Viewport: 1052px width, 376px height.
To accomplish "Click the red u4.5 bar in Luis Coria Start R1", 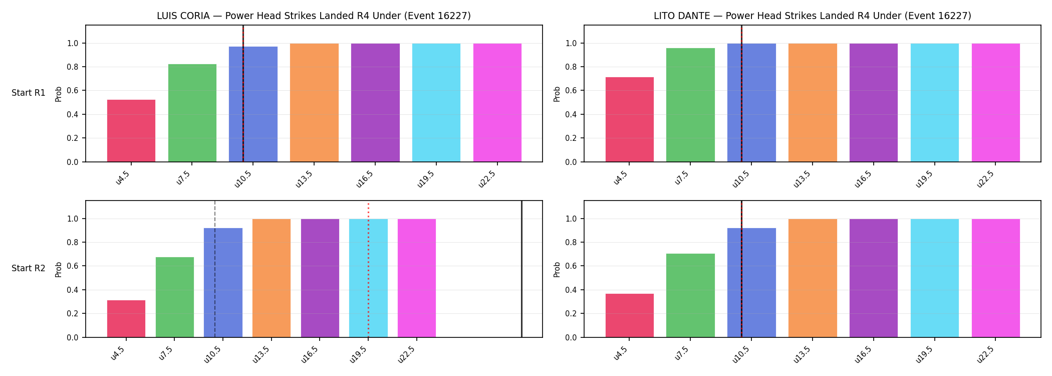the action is (x=131, y=131).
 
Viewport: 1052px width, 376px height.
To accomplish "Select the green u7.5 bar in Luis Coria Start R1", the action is (x=192, y=113).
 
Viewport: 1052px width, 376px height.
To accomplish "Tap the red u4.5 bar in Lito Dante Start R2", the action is (x=630, y=315).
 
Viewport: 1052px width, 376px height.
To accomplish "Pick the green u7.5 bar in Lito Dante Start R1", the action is (x=690, y=105).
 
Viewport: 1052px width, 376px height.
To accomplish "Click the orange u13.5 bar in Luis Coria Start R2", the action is (x=272, y=278).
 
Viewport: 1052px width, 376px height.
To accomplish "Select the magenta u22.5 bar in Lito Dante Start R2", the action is (x=996, y=278).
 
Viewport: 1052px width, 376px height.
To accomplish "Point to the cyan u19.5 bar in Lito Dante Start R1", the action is (x=935, y=103).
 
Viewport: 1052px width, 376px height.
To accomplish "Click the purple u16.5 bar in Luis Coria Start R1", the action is (x=375, y=103).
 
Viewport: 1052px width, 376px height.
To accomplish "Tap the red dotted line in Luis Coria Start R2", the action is (x=368, y=270).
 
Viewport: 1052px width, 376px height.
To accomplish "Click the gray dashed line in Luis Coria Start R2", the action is (x=215, y=269).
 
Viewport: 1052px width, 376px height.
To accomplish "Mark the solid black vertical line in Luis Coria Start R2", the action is (x=521, y=269).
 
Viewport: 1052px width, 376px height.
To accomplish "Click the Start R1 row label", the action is (x=29, y=93).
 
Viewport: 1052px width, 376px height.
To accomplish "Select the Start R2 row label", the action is (x=29, y=268).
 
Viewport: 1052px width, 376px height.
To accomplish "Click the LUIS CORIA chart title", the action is (x=314, y=16).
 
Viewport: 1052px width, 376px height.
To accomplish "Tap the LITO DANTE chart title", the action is (x=813, y=16).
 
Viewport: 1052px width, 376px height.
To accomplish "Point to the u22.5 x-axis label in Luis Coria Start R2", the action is (x=407, y=354).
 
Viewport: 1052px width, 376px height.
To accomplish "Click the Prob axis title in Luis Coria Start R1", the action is (x=59, y=94).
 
